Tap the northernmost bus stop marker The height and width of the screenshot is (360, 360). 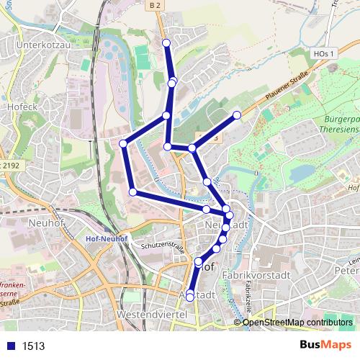[166, 43]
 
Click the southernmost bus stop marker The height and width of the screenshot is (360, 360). [190, 297]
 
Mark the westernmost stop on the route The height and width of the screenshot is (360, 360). [123, 144]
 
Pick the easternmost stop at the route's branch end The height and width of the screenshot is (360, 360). [237, 114]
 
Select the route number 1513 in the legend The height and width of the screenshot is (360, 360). [32, 346]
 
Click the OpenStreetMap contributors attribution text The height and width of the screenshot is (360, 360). [297, 322]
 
